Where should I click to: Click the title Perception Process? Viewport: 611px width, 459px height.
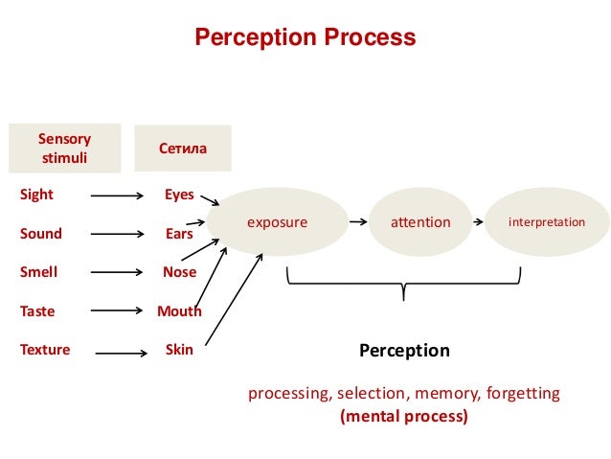pyautogui.click(x=305, y=38)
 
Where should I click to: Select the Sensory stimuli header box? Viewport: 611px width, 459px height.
pyautogui.click(x=64, y=148)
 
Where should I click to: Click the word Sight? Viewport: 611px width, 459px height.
pyautogui.click(x=36, y=195)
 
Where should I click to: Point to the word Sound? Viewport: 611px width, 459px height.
pyautogui.click(x=40, y=234)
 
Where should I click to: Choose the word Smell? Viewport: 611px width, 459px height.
pyautogui.click(x=38, y=272)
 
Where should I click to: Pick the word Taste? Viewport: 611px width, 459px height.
pyautogui.click(x=37, y=311)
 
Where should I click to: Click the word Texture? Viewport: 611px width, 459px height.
pyautogui.click(x=45, y=350)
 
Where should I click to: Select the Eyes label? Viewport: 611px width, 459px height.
pyautogui.click(x=179, y=195)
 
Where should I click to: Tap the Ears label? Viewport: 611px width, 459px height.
pyautogui.click(x=179, y=234)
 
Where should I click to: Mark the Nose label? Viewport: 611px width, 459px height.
pyautogui.click(x=179, y=272)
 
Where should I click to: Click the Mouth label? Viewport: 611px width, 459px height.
pyautogui.click(x=179, y=311)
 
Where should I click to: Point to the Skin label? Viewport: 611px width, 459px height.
pyautogui.click(x=179, y=350)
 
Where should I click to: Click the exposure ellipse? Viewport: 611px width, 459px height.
pyautogui.click(x=279, y=222)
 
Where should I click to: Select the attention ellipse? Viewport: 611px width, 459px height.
pyautogui.click(x=420, y=222)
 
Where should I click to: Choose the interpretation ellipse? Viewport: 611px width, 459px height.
pyautogui.click(x=546, y=222)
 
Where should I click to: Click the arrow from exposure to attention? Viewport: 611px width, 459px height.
pyautogui.click(x=358, y=222)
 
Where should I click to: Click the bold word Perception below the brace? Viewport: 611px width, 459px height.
pyautogui.click(x=404, y=351)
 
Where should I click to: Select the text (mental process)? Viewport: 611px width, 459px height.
pyautogui.click(x=404, y=417)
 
